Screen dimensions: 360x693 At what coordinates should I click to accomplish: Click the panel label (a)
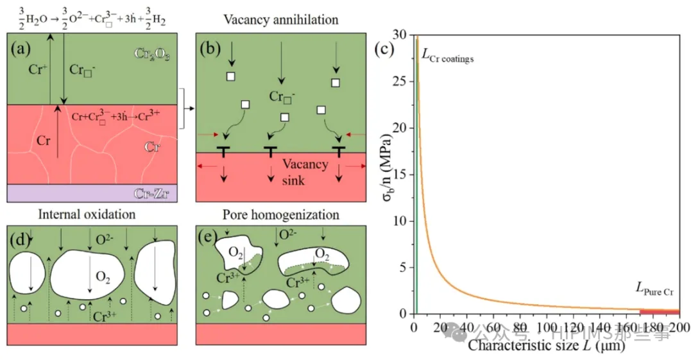coord(20,48)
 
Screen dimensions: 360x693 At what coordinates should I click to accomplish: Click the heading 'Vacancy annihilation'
coord(280,19)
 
